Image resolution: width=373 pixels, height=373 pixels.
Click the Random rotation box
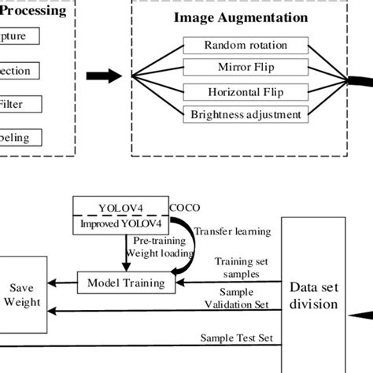(246, 46)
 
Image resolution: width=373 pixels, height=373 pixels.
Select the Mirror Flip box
(246, 68)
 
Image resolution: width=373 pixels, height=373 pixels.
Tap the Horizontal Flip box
(246, 91)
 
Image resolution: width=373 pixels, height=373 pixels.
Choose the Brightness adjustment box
(246, 114)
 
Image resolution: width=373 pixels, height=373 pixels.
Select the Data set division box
(314, 295)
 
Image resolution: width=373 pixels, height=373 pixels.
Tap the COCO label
(186, 208)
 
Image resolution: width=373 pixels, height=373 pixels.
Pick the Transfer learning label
(232, 231)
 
